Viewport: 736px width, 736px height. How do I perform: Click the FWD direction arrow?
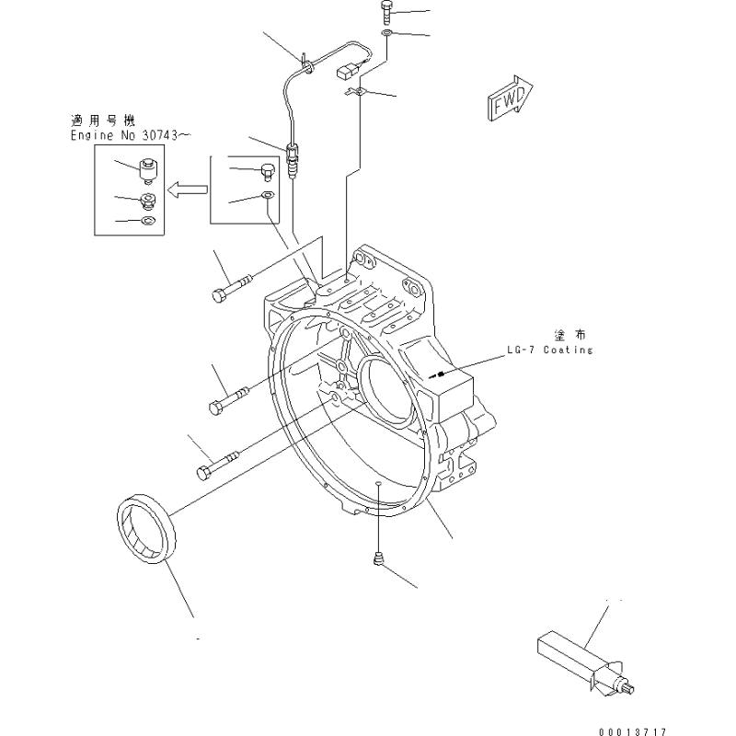click(507, 98)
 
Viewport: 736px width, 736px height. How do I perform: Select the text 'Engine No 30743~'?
click(131, 135)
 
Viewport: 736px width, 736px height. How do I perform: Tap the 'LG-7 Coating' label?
click(549, 351)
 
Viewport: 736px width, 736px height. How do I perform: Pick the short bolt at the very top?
click(386, 14)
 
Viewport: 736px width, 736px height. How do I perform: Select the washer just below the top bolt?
click(387, 36)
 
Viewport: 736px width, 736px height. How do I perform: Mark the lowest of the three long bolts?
click(219, 463)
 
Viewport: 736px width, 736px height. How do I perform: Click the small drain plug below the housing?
click(378, 558)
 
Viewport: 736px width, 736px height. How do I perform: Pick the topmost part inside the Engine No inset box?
click(145, 169)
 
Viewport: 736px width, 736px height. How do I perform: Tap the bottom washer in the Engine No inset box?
click(145, 221)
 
